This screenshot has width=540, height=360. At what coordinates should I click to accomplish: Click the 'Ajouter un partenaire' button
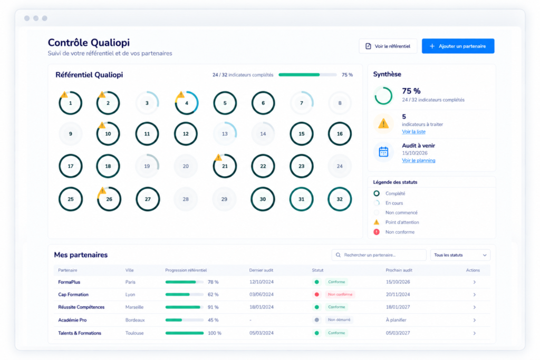pos(458,46)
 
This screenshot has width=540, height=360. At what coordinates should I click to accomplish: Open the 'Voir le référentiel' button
pos(388,46)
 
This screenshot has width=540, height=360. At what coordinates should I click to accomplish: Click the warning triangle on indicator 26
pos(102,190)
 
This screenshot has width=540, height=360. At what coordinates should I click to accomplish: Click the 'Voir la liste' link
pos(413,132)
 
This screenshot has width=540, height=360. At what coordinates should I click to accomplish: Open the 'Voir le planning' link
pos(418,160)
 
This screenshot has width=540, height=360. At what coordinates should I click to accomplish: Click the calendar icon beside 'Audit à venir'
pos(383,151)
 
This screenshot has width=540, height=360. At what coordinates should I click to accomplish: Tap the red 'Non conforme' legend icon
pos(377,232)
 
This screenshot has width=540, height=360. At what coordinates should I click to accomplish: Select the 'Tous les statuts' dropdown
pos(460,255)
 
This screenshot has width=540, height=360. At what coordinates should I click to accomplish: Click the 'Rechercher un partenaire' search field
pos(379,255)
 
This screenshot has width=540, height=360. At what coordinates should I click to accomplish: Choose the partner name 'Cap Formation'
pos(73,295)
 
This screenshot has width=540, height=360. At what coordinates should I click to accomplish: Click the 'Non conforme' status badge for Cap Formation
pos(340,295)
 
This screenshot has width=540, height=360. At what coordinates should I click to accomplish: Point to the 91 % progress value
pos(213,307)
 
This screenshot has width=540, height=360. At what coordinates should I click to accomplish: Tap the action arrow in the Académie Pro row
pos(474,320)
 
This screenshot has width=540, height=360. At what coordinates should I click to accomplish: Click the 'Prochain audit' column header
pos(399,270)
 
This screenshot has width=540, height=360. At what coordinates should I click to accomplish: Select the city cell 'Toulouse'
pos(134,333)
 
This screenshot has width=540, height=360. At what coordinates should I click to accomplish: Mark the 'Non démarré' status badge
pos(339,320)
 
